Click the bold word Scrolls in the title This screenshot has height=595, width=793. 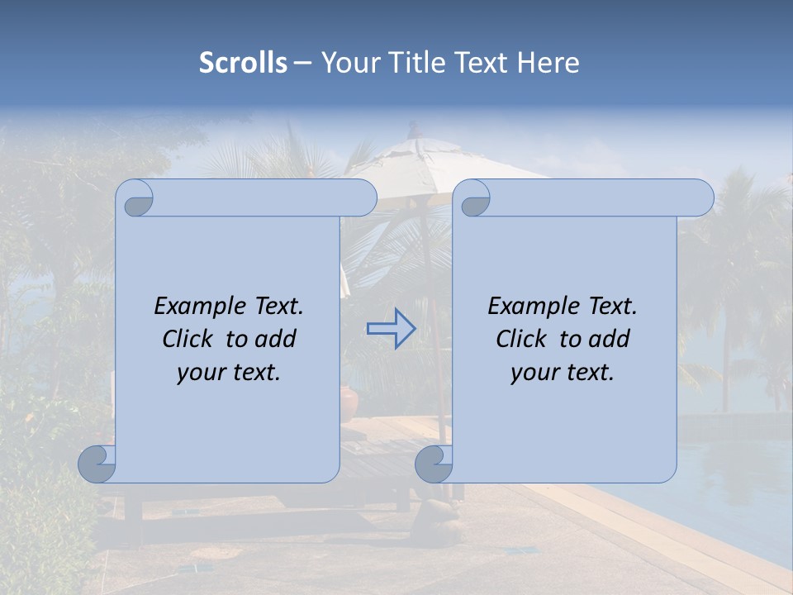(243, 63)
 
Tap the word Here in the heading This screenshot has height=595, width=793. (548, 63)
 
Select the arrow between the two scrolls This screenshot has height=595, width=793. (391, 329)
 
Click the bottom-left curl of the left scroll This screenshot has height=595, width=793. (97, 464)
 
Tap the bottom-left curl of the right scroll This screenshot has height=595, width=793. (434, 464)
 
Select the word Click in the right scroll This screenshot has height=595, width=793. (520, 339)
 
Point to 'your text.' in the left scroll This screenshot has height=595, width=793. (229, 372)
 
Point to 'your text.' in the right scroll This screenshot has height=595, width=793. (563, 372)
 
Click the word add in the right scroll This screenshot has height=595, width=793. (610, 339)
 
